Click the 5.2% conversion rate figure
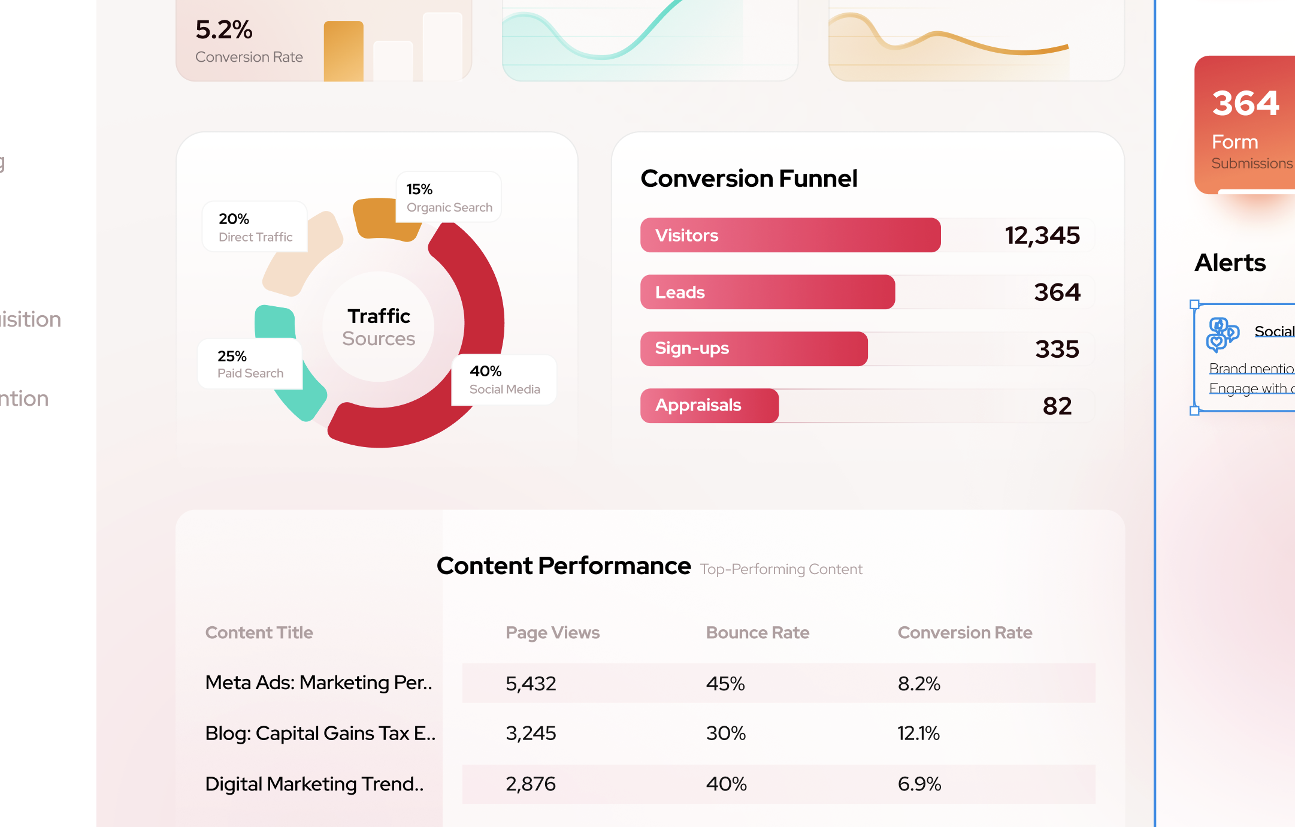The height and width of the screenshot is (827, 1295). pyautogui.click(x=224, y=30)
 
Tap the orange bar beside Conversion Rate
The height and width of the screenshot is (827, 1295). pyautogui.click(x=343, y=52)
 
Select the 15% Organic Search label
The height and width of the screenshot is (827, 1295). pyautogui.click(x=449, y=198)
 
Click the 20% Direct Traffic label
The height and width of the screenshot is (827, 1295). pyautogui.click(x=255, y=227)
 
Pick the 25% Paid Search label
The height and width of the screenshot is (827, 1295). pyautogui.click(x=250, y=364)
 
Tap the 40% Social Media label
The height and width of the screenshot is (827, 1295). pyautogui.click(x=504, y=380)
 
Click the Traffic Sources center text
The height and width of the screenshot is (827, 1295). pyautogui.click(x=379, y=327)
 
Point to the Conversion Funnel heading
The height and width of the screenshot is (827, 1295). pyautogui.click(x=749, y=179)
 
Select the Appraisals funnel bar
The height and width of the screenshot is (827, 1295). pyautogui.click(x=709, y=406)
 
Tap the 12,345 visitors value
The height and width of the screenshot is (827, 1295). pyautogui.click(x=1042, y=236)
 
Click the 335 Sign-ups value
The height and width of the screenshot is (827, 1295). pyautogui.click(x=1057, y=349)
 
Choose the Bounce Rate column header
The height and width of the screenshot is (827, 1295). pyautogui.click(x=757, y=633)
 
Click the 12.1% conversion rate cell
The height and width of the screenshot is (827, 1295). pyautogui.click(x=918, y=734)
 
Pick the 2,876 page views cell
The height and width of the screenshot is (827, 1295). pyautogui.click(x=531, y=784)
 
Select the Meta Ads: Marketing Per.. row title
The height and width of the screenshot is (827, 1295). pyautogui.click(x=319, y=683)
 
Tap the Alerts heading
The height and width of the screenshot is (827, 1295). pyautogui.click(x=1230, y=262)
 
